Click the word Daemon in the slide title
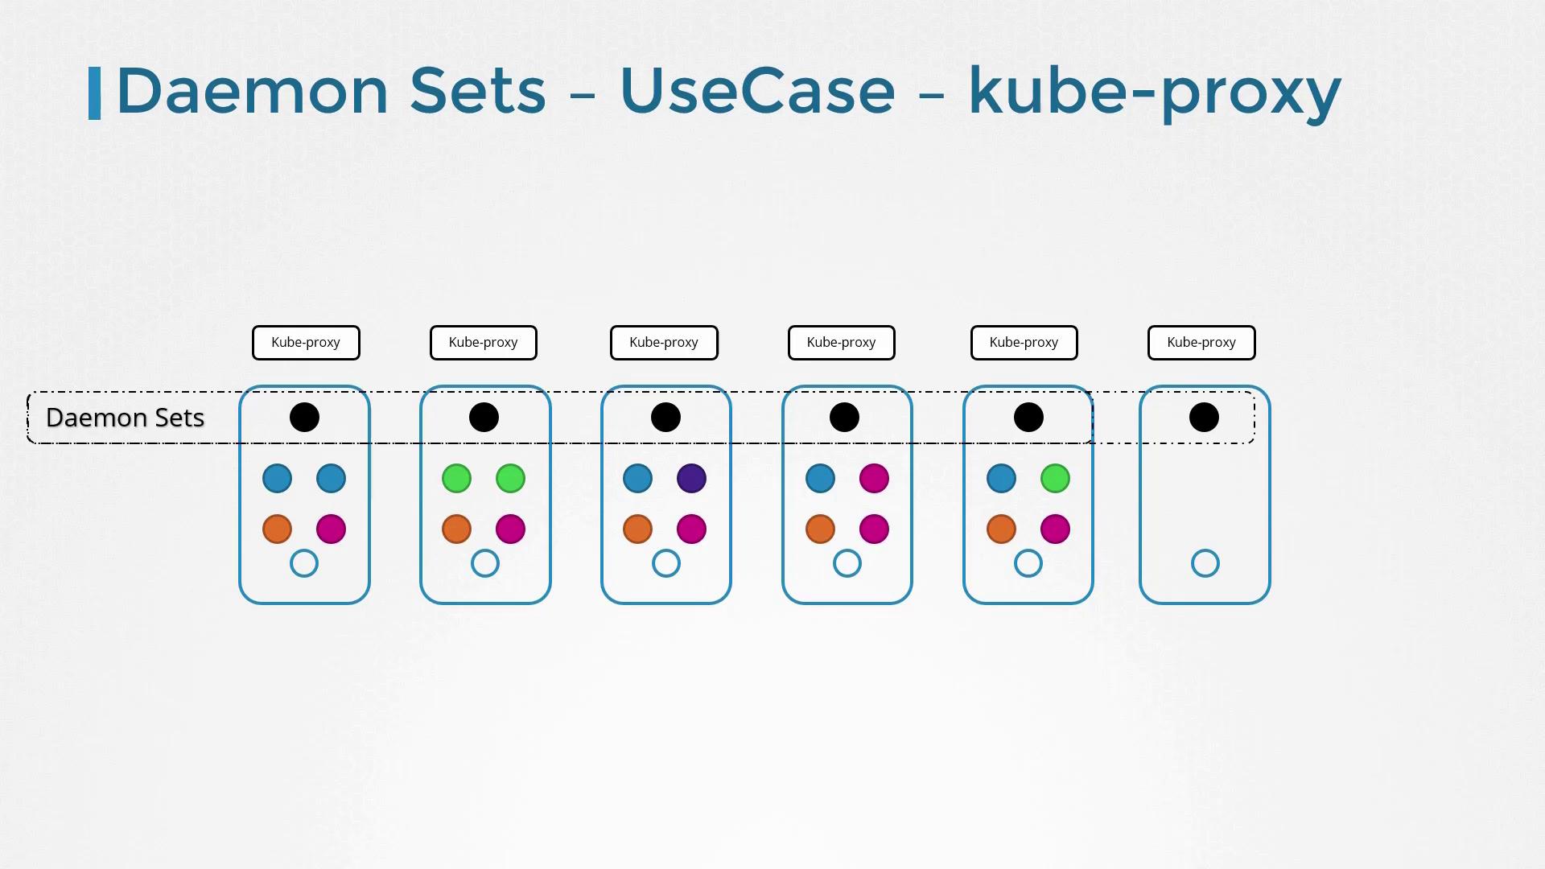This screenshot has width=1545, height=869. click(x=253, y=90)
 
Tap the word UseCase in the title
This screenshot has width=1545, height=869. click(x=757, y=90)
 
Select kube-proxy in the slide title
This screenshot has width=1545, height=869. click(x=1155, y=93)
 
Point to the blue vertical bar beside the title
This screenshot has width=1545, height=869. click(x=94, y=93)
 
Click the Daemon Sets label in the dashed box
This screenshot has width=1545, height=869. click(x=125, y=418)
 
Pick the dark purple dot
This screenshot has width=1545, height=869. click(x=692, y=479)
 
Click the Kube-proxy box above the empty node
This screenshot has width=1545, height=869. click(x=1201, y=343)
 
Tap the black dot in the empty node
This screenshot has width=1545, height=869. click(x=1204, y=418)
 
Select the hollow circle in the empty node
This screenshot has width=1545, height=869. click(x=1205, y=563)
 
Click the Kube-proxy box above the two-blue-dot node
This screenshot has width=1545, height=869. click(x=306, y=343)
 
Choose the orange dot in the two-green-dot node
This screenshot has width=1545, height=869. click(x=456, y=529)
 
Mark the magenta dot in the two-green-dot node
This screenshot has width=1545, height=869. click(x=510, y=529)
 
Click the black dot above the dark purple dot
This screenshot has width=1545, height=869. click(x=665, y=418)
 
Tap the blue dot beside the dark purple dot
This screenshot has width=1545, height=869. click(x=637, y=479)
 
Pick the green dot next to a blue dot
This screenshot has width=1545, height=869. click(x=1055, y=479)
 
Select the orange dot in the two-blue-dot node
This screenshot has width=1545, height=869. click(x=277, y=529)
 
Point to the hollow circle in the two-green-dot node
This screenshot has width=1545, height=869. click(x=485, y=563)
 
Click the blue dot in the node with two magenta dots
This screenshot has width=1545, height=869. click(x=820, y=479)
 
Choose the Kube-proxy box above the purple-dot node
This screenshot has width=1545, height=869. click(x=664, y=343)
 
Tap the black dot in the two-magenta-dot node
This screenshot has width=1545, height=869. click(x=844, y=418)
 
